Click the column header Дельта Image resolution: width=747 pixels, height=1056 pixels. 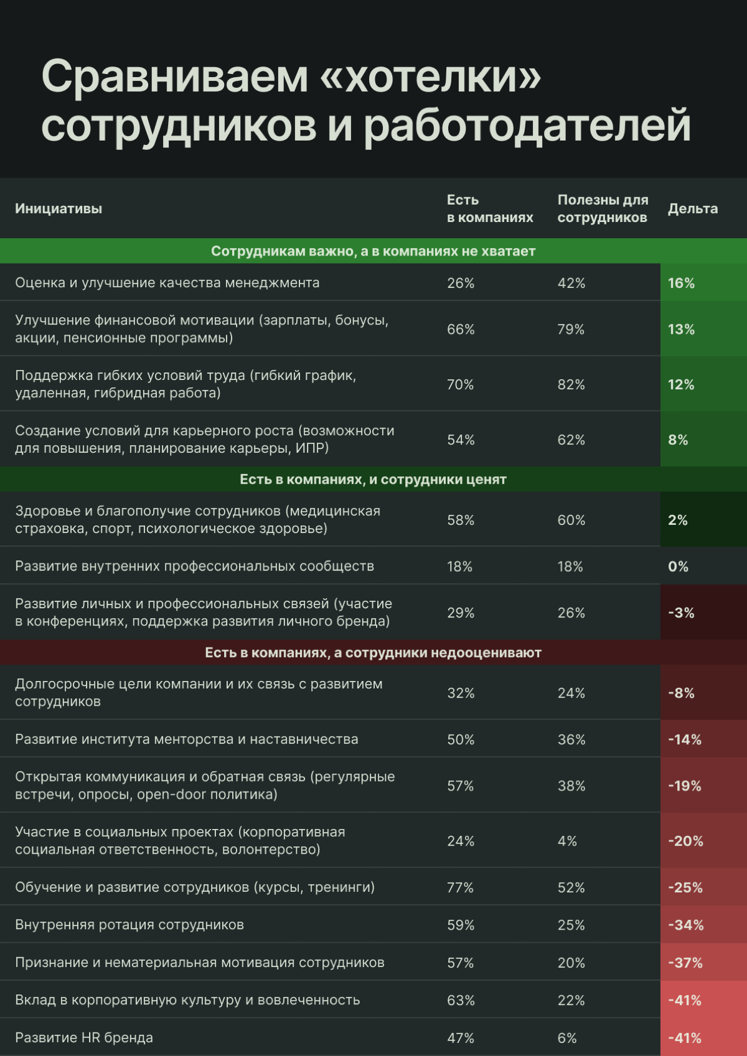pos(692,209)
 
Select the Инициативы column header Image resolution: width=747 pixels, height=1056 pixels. pos(59,209)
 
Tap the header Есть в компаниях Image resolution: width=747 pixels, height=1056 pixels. pos(489,209)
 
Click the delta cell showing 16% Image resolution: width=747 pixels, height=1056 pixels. pos(681,283)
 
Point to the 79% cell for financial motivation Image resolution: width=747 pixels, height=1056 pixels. pos(571,329)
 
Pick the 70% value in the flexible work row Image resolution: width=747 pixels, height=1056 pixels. pos(460,384)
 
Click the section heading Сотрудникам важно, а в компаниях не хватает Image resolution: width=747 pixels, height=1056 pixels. pos(373,251)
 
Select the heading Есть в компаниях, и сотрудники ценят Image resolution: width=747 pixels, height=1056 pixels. pos(373,479)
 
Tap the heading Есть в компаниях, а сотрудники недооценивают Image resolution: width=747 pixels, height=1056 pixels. pos(373,653)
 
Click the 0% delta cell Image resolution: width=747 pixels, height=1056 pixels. pos(678,567)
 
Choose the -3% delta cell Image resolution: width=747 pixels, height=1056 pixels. pos(681,613)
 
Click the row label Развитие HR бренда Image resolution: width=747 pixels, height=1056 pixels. pos(84,1037)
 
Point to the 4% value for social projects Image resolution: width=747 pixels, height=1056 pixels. pos(567,841)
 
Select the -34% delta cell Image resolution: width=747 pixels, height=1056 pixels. pos(685,925)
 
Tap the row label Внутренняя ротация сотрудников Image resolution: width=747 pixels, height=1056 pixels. pos(129,925)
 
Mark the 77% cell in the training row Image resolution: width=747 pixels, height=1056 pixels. pos(460,887)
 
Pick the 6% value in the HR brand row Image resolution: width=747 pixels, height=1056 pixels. pos(567,1037)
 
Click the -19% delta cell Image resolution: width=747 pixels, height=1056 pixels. pos(684,785)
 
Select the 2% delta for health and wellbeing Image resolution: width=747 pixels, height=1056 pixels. pos(678,520)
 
